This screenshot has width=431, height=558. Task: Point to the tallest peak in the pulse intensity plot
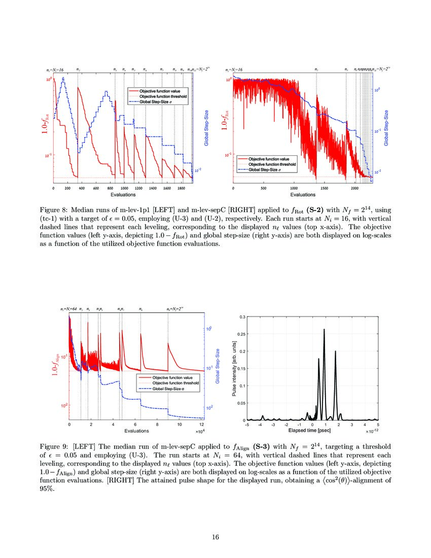324,330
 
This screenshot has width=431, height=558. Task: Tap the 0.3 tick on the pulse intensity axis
242,317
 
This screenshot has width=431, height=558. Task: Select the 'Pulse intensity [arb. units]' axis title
234,368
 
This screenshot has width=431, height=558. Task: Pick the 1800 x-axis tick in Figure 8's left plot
181,188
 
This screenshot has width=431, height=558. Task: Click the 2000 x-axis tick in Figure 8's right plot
354,188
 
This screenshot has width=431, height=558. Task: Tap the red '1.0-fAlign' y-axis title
56,364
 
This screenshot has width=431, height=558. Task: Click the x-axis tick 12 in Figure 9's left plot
201,425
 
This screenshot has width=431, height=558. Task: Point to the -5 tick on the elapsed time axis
247,425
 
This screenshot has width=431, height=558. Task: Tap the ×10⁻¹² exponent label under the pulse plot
371,431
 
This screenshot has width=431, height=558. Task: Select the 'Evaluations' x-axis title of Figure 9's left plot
136,431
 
